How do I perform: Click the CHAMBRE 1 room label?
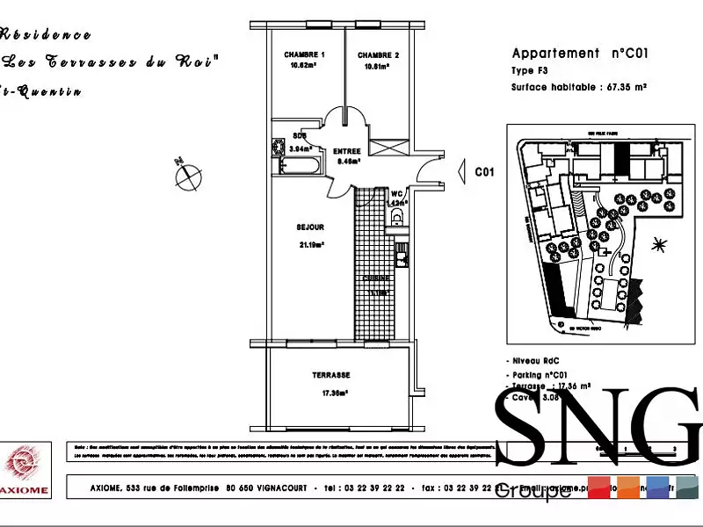click(x=305, y=55)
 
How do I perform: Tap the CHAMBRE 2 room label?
click(x=379, y=55)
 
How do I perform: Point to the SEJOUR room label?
click(x=310, y=227)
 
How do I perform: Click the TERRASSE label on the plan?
click(x=331, y=373)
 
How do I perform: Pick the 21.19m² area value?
click(x=311, y=245)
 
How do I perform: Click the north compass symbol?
click(x=186, y=175)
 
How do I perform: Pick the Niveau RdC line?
click(x=535, y=361)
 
